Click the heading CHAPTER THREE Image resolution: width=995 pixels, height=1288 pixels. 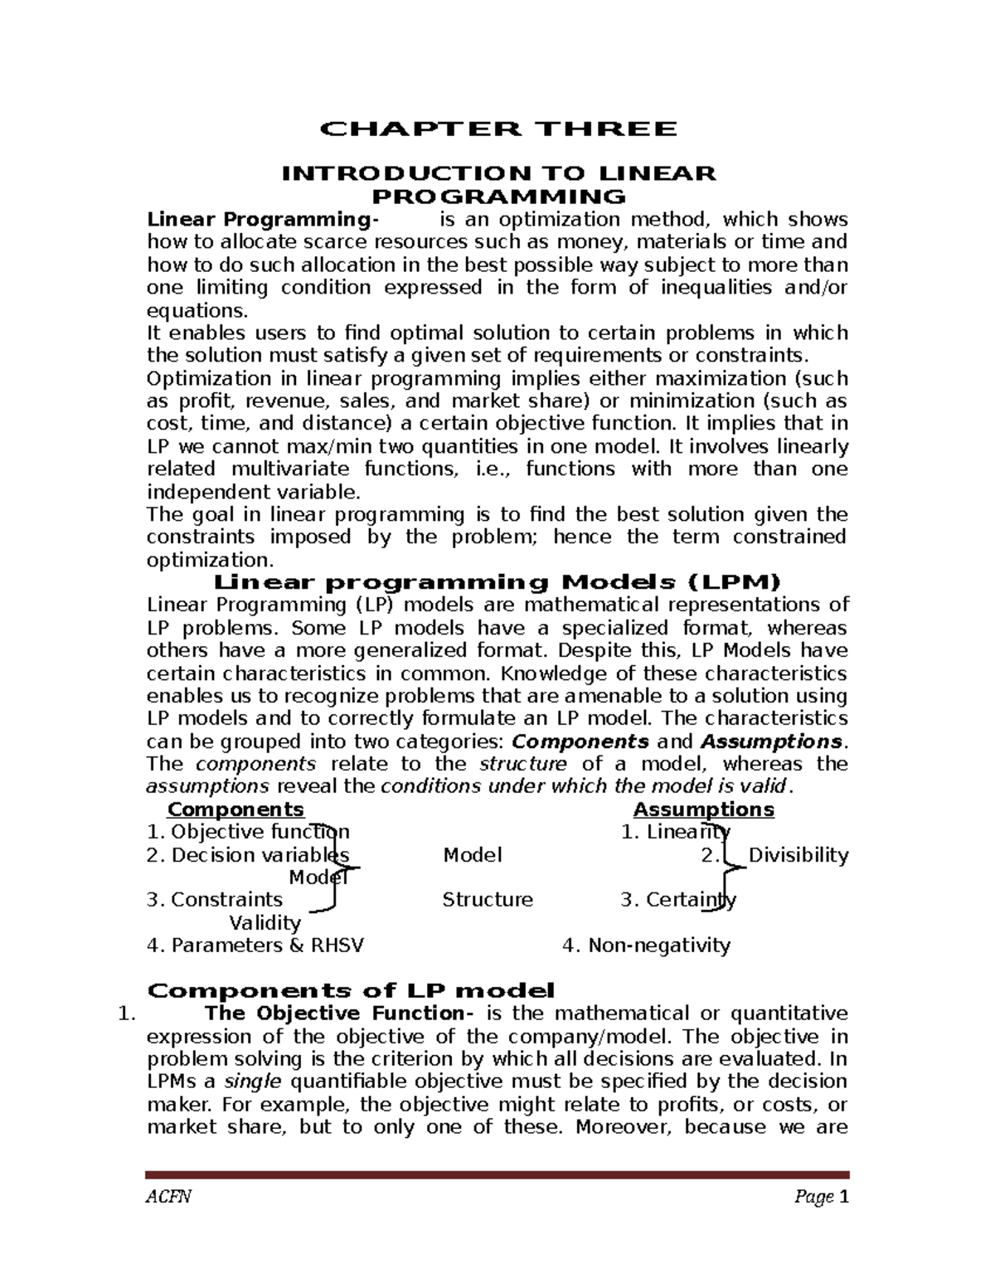pyautogui.click(x=498, y=129)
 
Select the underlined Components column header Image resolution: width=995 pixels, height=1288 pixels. pyautogui.click(x=235, y=809)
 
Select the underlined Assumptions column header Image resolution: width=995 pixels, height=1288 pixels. pyautogui.click(x=703, y=809)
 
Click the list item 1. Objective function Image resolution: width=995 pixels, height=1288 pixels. pyautogui.click(x=248, y=832)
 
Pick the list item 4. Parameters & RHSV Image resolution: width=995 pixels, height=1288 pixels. pyautogui.click(x=255, y=945)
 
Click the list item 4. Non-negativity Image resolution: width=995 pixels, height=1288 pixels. pyautogui.click(x=646, y=945)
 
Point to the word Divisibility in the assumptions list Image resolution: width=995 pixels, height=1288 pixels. pyautogui.click(x=798, y=855)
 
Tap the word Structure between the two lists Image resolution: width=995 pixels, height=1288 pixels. pyautogui.click(x=488, y=900)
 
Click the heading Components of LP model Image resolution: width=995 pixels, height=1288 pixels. pyautogui.click(x=350, y=990)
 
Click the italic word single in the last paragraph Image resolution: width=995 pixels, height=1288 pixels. pyautogui.click(x=253, y=1081)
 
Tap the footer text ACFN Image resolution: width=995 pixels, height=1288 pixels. pyautogui.click(x=168, y=1198)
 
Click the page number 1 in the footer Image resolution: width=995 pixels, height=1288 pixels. pyautogui.click(x=844, y=1197)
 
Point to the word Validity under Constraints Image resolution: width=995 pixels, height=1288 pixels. pyautogui.click(x=265, y=923)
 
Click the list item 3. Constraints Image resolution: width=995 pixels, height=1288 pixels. pyautogui.click(x=215, y=900)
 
